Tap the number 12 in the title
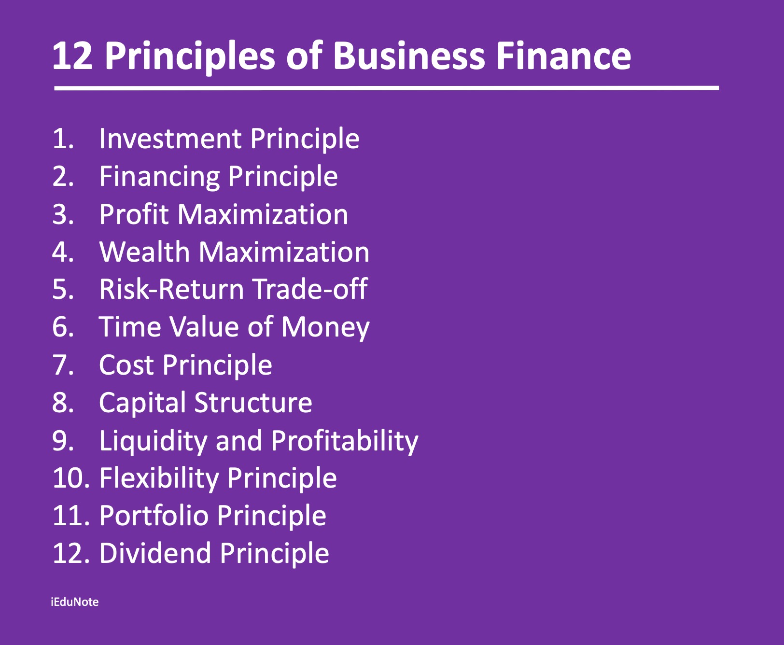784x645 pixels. (72, 56)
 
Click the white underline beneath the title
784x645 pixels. (387, 88)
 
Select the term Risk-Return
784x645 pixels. (171, 289)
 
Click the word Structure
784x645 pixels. (253, 403)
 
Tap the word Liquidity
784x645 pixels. (153, 441)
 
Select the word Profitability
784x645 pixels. (345, 441)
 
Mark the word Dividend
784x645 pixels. (154, 553)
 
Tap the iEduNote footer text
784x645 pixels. (75, 602)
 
